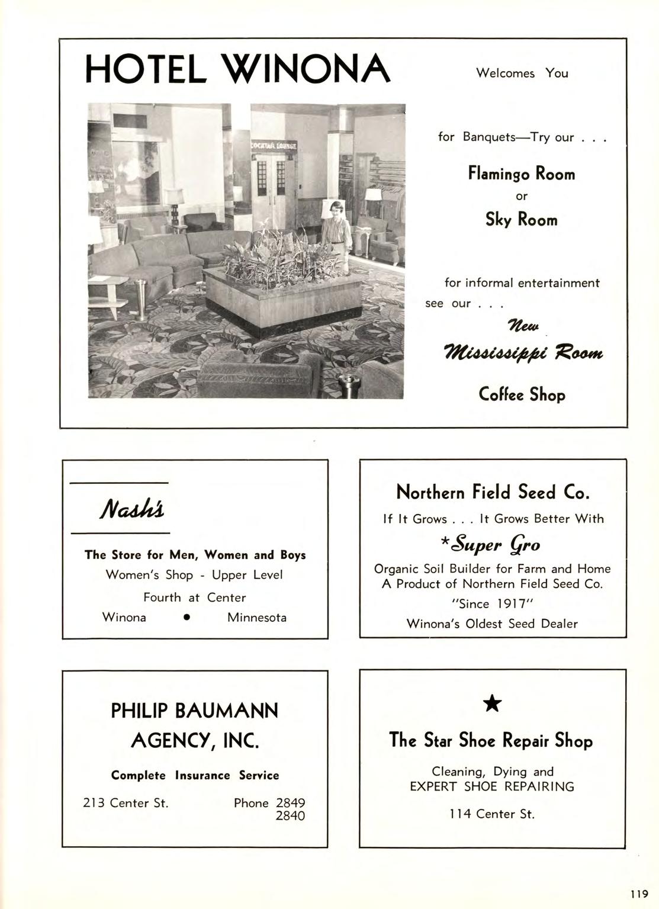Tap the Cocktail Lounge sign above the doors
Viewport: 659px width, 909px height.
(272, 145)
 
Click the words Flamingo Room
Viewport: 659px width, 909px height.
(521, 174)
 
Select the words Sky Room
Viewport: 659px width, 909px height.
(521, 220)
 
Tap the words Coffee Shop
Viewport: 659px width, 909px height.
(522, 394)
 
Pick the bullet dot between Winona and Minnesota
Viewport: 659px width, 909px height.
(187, 618)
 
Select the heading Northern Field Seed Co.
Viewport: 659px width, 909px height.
(492, 492)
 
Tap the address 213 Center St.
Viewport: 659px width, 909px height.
(126, 803)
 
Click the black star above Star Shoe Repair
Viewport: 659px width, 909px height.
(492, 704)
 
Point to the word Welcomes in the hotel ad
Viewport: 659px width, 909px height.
(505, 73)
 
